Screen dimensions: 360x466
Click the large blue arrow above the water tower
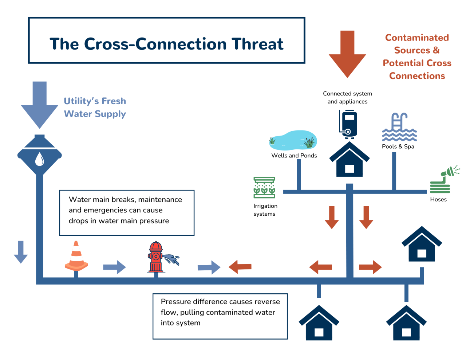[x=39, y=104]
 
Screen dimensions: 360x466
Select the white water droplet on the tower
[x=39, y=159]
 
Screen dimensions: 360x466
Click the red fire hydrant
[x=156, y=257]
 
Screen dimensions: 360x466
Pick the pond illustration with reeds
[x=293, y=141]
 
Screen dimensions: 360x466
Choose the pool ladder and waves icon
[x=399, y=128]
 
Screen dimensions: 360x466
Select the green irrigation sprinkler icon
[x=264, y=188]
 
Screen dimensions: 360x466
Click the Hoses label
[x=438, y=199]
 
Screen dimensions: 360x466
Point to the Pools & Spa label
[x=398, y=146]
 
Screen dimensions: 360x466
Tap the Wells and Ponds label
[x=294, y=156]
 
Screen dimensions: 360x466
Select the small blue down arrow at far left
[x=21, y=252]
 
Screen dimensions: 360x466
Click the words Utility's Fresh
[x=95, y=101]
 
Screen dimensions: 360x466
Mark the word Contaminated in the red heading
[x=417, y=38]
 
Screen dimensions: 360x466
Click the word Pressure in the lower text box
[x=176, y=302]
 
